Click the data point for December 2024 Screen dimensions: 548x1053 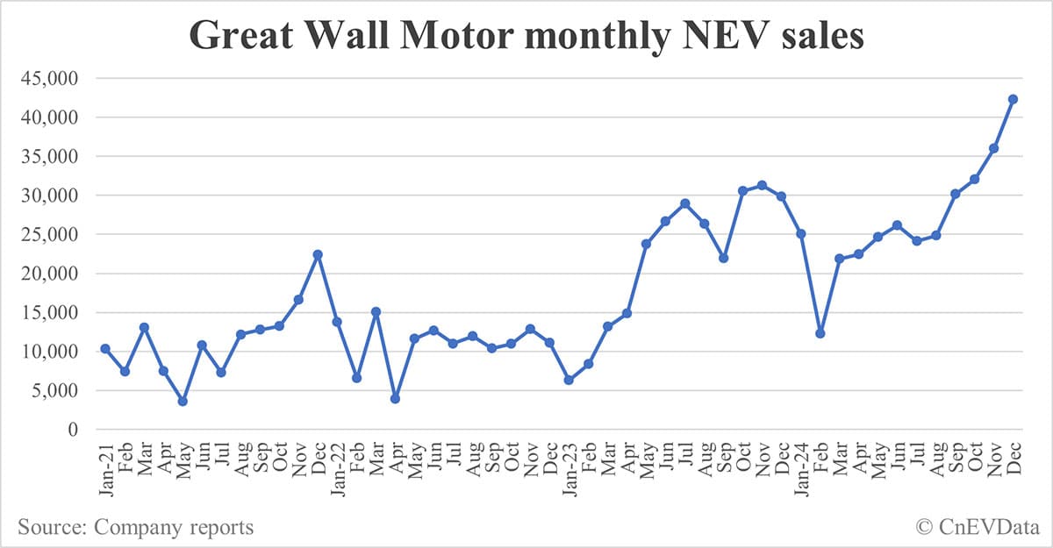[1013, 99]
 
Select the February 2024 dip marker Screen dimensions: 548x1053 [820, 333]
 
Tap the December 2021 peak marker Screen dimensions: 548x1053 [318, 254]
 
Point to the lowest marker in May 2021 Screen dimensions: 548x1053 [183, 401]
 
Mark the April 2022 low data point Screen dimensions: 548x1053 [395, 398]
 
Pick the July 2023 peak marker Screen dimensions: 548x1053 [684, 203]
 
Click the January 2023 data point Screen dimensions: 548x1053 [569, 380]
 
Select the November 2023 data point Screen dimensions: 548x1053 [762, 185]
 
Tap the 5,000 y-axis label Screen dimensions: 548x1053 [54, 390]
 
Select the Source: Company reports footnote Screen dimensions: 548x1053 [135, 527]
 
